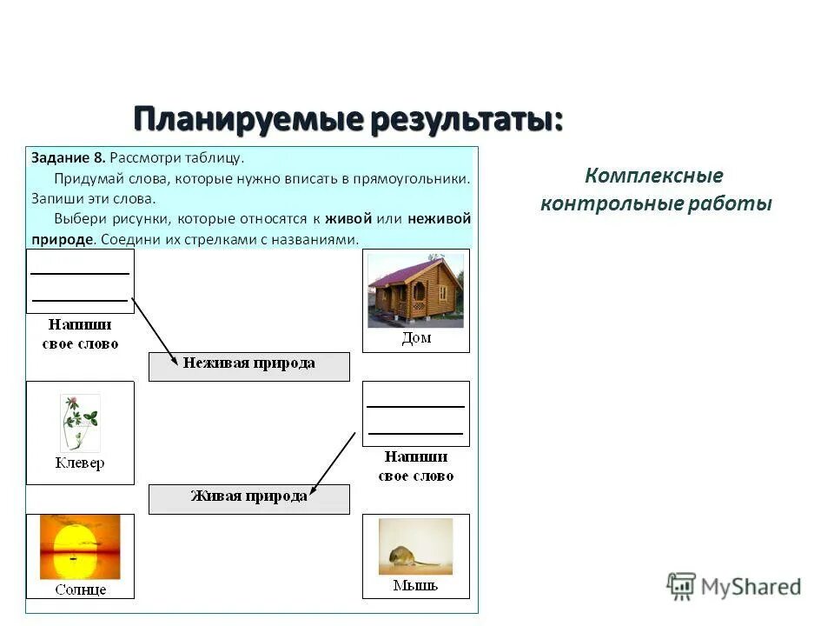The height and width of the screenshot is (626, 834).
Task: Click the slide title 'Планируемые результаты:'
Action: pyautogui.click(x=348, y=119)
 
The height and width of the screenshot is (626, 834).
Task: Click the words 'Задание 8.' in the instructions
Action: pyautogui.click(x=69, y=158)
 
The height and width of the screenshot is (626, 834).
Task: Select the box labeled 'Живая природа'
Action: pyautogui.click(x=248, y=497)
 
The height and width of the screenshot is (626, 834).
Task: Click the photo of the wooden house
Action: pyautogui.click(x=415, y=290)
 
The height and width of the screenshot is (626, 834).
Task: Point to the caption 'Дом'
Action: pyautogui.click(x=416, y=338)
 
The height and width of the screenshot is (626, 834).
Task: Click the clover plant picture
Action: pyautogui.click(x=80, y=423)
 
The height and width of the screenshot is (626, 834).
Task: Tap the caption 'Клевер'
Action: pyautogui.click(x=80, y=463)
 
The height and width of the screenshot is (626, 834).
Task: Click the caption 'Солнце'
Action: pyautogui.click(x=80, y=589)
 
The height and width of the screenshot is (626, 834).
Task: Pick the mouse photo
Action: pyautogui.click(x=415, y=547)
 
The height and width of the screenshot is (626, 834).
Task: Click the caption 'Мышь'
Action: pyautogui.click(x=415, y=586)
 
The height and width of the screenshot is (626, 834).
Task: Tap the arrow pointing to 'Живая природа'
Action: pyautogui.click(x=334, y=462)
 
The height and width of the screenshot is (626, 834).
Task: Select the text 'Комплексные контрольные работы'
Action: pyautogui.click(x=655, y=190)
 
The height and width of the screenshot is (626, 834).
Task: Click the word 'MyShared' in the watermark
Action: pyautogui.click(x=751, y=587)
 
